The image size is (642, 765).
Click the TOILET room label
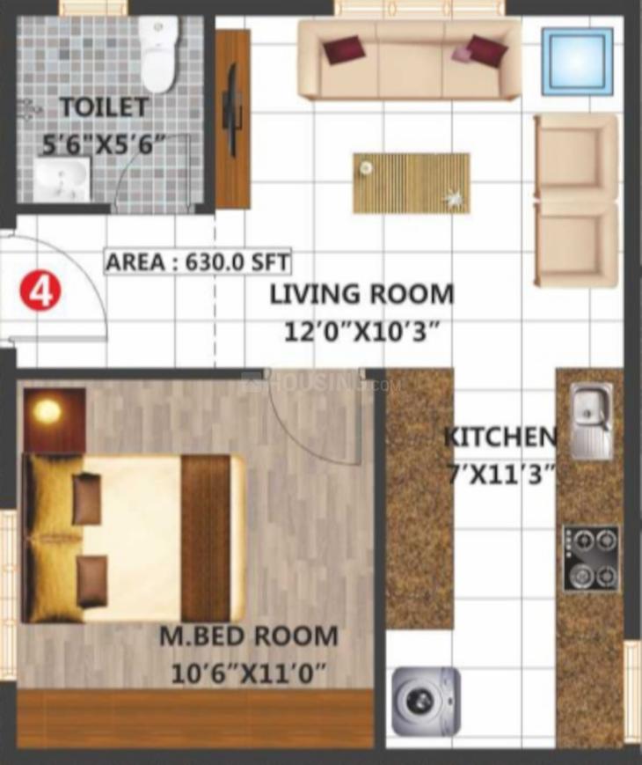pyautogui.click(x=104, y=108)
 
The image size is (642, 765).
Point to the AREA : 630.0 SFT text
pyautogui.click(x=199, y=262)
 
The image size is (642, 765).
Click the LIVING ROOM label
pyautogui.click(x=361, y=293)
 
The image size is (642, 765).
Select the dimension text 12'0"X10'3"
pyautogui.click(x=361, y=332)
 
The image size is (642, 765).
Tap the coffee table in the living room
pyautogui.click(x=411, y=182)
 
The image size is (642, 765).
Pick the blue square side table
pyautogui.click(x=577, y=61)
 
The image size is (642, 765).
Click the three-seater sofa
pyautogui.click(x=409, y=59)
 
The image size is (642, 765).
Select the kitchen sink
pyautogui.click(x=591, y=421)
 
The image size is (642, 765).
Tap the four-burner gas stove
pyautogui.click(x=591, y=558)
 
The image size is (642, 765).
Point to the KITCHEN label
pyautogui.click(x=500, y=437)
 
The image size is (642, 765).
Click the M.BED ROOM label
pyautogui.click(x=248, y=636)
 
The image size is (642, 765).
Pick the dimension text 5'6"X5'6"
pyautogui.click(x=104, y=144)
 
